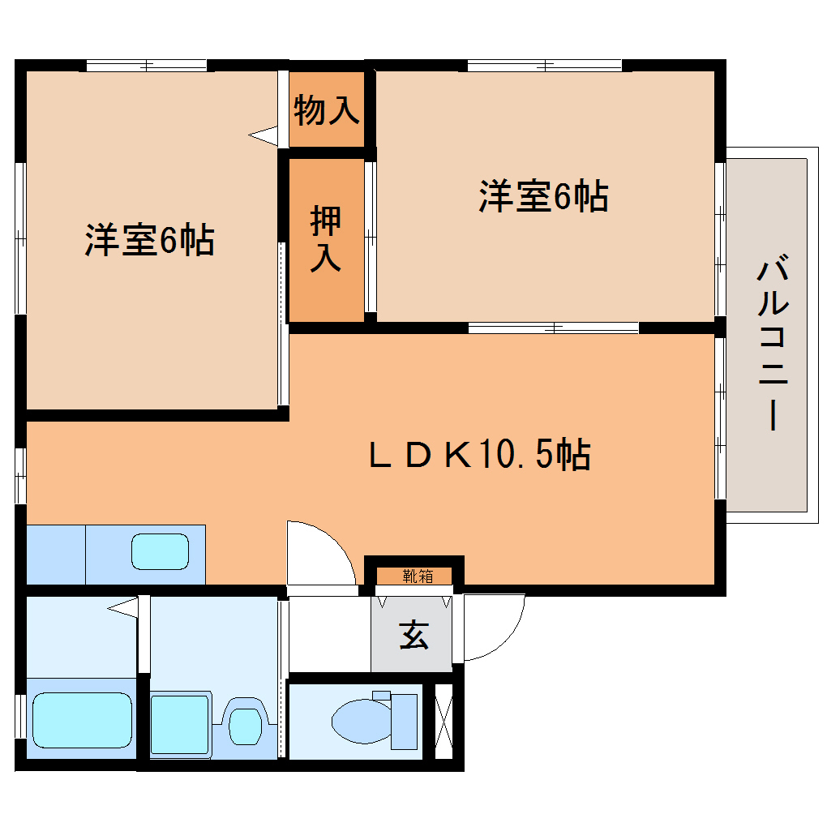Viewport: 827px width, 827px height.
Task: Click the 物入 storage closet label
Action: [326, 109]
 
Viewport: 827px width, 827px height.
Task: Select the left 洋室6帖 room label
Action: [149, 240]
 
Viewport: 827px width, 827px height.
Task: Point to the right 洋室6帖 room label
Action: [543, 196]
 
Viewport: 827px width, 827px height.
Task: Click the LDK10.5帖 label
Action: [479, 455]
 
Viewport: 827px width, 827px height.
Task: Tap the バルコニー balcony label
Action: [773, 345]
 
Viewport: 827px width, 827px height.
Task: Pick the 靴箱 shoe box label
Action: [417, 576]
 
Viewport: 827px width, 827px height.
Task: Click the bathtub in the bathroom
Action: [82, 720]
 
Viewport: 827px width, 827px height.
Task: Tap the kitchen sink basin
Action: [161, 552]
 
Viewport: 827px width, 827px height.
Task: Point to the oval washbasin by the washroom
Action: [244, 724]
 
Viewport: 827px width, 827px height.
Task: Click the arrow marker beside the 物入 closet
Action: [264, 135]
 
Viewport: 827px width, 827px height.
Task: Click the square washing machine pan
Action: [180, 724]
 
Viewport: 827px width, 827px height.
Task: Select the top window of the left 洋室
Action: [146, 66]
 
